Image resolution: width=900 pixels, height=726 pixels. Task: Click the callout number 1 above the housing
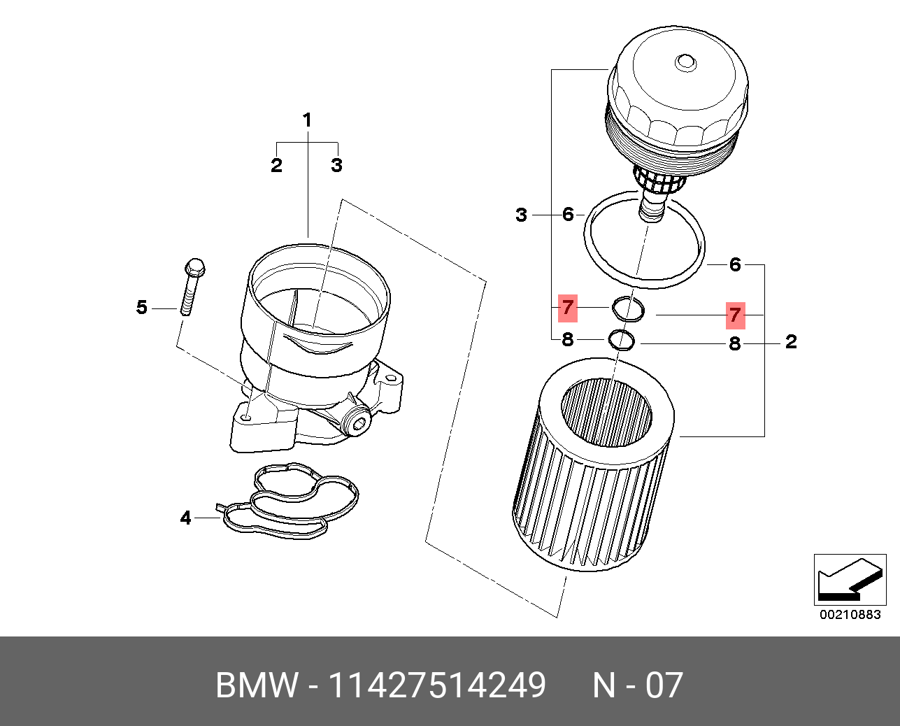pyautogui.click(x=306, y=120)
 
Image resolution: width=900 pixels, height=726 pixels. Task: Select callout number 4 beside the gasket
pyautogui.click(x=185, y=518)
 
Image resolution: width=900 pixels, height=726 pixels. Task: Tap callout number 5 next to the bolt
pyautogui.click(x=142, y=307)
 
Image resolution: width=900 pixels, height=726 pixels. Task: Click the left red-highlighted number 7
pyautogui.click(x=567, y=307)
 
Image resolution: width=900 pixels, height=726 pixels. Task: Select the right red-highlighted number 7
pyautogui.click(x=734, y=315)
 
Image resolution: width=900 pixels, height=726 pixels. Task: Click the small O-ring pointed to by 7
pyautogui.click(x=629, y=308)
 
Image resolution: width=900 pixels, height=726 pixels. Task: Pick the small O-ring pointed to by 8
pyautogui.click(x=622, y=340)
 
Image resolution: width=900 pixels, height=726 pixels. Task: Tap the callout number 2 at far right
pyautogui.click(x=791, y=342)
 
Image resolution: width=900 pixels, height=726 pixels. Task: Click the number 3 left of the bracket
pyautogui.click(x=521, y=215)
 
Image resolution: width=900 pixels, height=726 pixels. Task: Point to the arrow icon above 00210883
pyautogui.click(x=849, y=580)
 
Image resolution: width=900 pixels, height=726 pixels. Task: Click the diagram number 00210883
pyautogui.click(x=850, y=615)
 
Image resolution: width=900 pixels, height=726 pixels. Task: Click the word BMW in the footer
pyautogui.click(x=257, y=685)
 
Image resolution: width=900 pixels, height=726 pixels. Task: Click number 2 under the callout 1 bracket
pyautogui.click(x=277, y=166)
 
